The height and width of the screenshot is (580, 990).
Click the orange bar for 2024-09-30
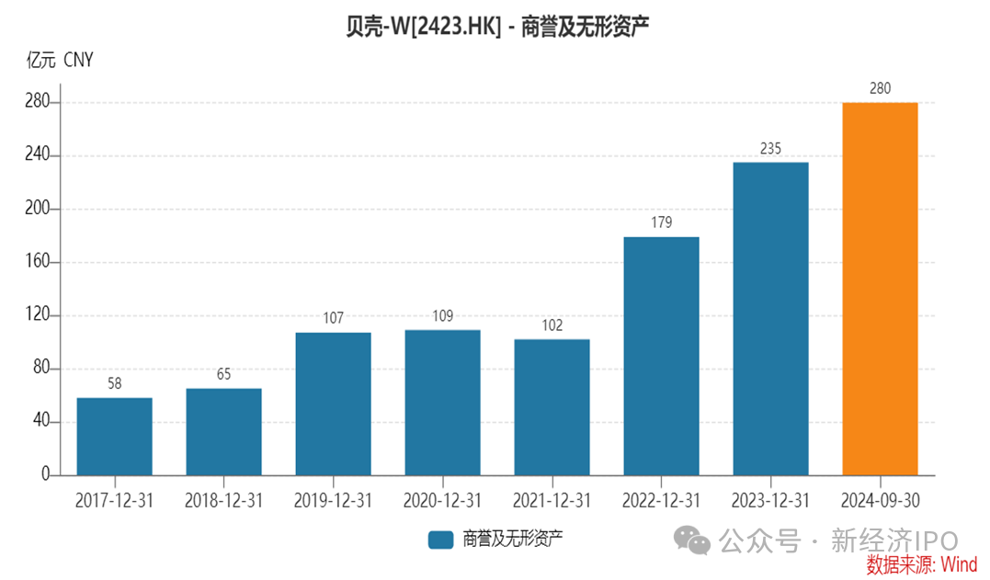pos(880,289)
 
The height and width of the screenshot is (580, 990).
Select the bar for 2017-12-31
pos(114,437)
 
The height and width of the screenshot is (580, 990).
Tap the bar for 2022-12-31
pos(661,356)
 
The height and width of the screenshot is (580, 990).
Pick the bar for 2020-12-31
pos(442,403)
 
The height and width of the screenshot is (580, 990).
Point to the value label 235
pos(770,148)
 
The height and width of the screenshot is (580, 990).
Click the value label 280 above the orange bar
pos(880,88)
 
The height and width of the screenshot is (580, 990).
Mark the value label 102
pos(552,325)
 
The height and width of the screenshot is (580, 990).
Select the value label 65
pos(223,374)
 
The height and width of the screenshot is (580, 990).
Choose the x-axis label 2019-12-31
pos(333,501)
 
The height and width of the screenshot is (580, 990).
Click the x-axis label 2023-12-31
pos(770,501)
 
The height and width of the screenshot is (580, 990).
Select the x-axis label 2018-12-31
pos(223,501)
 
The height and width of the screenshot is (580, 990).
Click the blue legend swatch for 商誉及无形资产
pos(441,540)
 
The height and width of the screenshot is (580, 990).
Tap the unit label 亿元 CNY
pos(60,61)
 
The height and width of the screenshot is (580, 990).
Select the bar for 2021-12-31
pos(552,407)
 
